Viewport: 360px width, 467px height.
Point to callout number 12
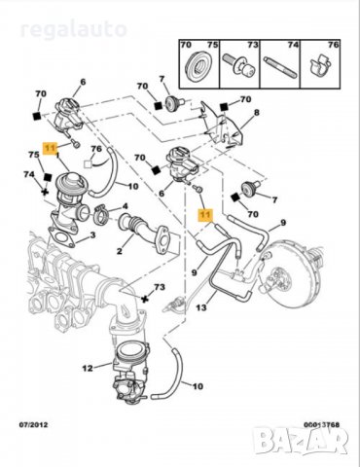tap(87, 367)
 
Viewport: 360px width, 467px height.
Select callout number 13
tap(201, 308)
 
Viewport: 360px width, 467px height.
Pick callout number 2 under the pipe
tap(120, 250)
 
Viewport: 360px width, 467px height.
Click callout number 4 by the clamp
tap(124, 205)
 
